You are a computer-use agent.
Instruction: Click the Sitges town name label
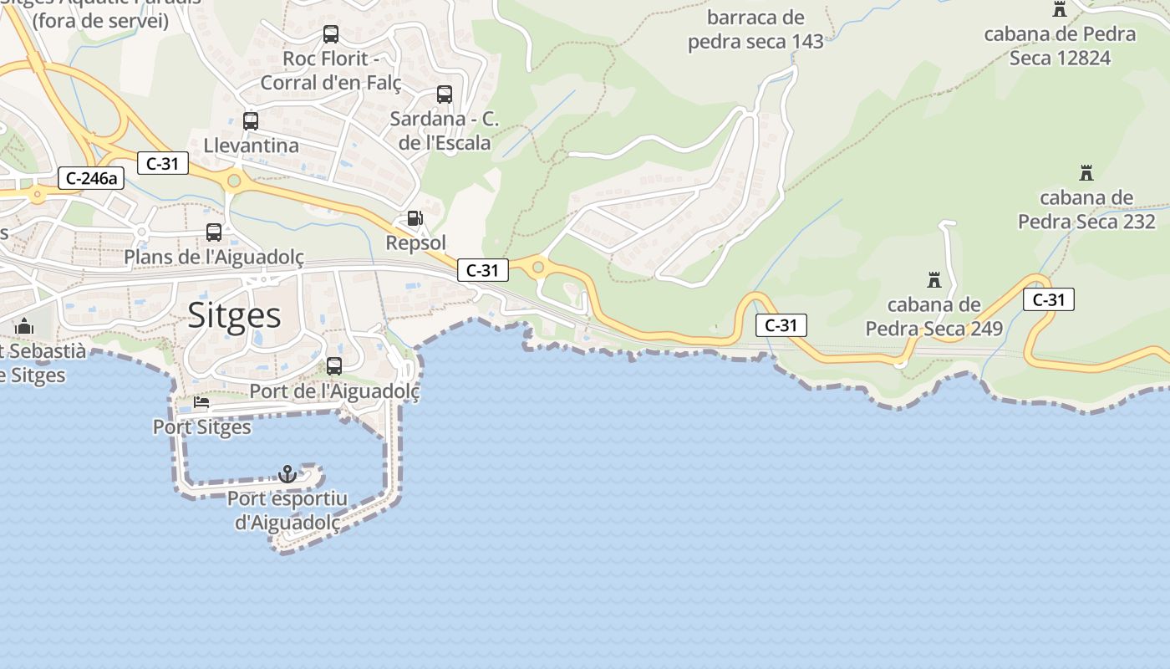[x=234, y=315]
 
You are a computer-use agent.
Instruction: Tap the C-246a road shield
[x=91, y=178]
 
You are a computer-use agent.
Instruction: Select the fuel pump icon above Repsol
[x=415, y=218]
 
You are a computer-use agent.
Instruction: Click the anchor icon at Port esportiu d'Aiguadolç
[x=287, y=474]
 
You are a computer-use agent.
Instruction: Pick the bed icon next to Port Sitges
[x=201, y=402]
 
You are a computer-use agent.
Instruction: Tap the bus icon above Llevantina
[x=251, y=120]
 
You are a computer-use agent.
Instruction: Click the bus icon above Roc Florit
[x=331, y=34]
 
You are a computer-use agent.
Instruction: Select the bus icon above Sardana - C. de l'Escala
[x=445, y=94]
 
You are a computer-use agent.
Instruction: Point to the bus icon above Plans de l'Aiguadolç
[x=214, y=232]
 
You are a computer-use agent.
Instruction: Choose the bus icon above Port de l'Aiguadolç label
[x=334, y=366]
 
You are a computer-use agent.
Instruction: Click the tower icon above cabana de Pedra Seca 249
[x=934, y=279]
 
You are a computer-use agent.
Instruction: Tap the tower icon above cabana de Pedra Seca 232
[x=1086, y=173]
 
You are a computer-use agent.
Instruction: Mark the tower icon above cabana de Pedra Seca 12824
[x=1060, y=9]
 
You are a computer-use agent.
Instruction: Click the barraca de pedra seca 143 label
[x=755, y=29]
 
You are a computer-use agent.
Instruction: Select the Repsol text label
[x=415, y=243]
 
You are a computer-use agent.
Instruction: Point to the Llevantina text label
[x=251, y=146]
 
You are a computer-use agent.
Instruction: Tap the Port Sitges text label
[x=201, y=426]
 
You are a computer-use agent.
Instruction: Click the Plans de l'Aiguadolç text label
[x=214, y=257]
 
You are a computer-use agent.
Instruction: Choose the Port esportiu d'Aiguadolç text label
[x=287, y=510]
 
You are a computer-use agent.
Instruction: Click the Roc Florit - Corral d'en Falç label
[x=331, y=70]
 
